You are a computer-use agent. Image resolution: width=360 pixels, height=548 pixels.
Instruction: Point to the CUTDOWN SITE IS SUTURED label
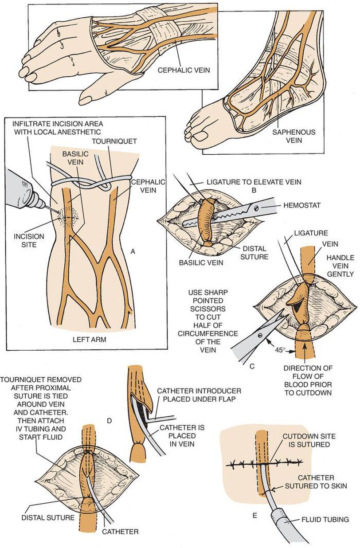(306, 440)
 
